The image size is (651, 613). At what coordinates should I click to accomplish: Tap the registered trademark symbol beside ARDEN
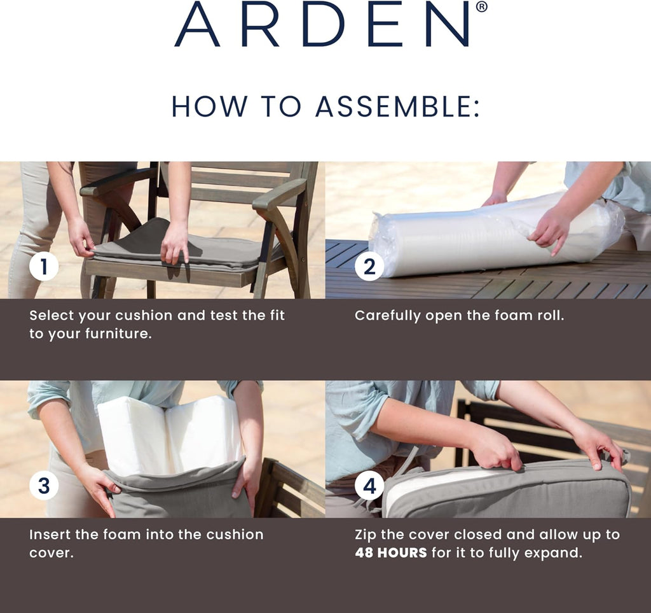tap(481, 7)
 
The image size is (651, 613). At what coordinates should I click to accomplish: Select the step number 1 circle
tap(44, 267)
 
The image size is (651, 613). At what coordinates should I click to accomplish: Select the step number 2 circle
tap(369, 267)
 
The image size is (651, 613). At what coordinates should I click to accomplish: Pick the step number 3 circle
tap(44, 486)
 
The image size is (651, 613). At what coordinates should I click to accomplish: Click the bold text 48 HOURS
tap(390, 553)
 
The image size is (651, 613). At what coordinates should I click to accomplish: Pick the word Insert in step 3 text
tap(49, 534)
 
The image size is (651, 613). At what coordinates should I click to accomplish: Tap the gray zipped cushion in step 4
tap(509, 490)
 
